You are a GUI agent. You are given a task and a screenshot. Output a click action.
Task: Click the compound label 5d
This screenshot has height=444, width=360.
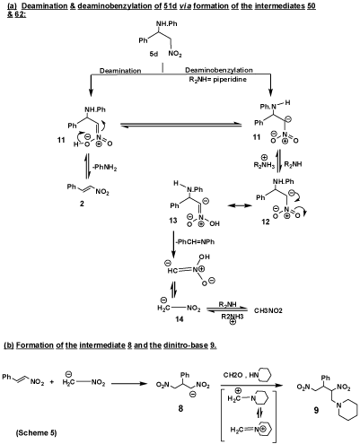click(x=154, y=54)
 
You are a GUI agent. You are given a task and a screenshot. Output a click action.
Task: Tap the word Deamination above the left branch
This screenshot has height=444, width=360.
click(x=120, y=71)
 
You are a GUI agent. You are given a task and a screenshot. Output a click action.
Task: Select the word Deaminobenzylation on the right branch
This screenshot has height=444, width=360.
click(x=219, y=70)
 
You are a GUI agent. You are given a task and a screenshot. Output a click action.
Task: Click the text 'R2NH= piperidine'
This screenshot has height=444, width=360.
click(x=216, y=80)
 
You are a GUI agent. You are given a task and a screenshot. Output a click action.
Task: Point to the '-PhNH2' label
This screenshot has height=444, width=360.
click(x=104, y=168)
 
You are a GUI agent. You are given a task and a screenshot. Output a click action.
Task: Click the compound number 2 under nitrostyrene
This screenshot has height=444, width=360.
click(x=82, y=204)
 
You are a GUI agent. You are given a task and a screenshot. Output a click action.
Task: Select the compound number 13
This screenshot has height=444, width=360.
click(x=173, y=221)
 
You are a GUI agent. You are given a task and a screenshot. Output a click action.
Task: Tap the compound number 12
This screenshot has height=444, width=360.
click(x=266, y=222)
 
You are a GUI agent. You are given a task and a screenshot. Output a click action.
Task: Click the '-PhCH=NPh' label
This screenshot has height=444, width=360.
click(x=195, y=241)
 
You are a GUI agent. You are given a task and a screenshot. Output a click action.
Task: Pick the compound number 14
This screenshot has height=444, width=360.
click(x=180, y=319)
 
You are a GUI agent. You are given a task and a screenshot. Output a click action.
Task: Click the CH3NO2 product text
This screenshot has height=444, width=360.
click(x=268, y=311)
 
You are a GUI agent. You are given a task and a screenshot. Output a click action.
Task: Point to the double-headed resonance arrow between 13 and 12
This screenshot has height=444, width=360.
click(x=239, y=205)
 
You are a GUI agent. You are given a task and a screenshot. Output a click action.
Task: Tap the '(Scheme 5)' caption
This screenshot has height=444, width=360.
click(x=36, y=432)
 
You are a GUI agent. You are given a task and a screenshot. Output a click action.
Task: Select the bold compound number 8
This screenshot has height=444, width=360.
click(x=180, y=408)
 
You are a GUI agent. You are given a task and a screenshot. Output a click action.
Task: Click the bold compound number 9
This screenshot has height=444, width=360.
click(x=316, y=410)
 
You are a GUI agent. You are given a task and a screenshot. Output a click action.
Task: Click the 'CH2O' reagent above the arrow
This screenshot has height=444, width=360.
click(x=233, y=375)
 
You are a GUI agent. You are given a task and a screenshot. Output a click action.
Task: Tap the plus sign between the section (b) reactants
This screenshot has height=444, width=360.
click(x=52, y=382)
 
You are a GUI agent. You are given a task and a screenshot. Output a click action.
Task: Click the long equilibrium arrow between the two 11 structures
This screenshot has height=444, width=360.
click(x=180, y=125)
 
